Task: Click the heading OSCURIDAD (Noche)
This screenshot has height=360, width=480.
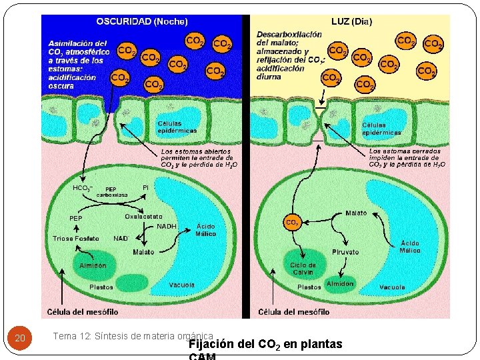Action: [141, 21]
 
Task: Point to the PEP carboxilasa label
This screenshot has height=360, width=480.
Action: [111, 192]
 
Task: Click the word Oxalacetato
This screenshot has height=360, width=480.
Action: [143, 217]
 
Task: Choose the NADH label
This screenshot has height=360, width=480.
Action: [167, 227]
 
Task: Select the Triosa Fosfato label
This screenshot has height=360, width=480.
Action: [76, 239]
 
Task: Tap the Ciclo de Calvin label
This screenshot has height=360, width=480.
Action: [303, 268]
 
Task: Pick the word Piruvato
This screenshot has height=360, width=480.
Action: [345, 252]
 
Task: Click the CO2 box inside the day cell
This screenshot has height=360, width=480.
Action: [292, 222]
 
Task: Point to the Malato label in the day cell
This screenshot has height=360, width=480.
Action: [356, 213]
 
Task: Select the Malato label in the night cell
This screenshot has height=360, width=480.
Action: [143, 252]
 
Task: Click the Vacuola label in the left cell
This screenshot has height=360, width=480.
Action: [182, 285]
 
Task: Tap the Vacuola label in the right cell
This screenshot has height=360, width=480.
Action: [392, 287]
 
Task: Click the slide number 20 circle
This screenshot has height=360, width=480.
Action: [20, 339]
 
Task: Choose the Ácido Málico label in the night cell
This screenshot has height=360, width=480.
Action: [205, 230]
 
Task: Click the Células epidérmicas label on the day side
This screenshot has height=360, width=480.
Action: [381, 129]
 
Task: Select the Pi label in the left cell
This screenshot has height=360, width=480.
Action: [145, 187]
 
